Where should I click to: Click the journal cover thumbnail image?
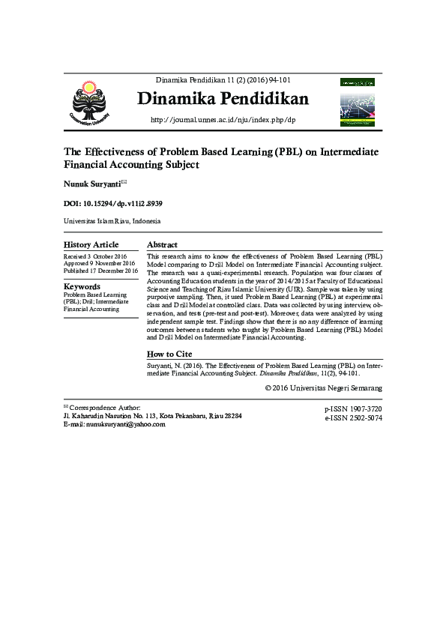[359, 100]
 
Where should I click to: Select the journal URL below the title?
[223, 120]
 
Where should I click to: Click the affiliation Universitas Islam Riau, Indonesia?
[112, 222]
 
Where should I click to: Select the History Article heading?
[91, 245]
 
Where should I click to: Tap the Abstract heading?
[162, 245]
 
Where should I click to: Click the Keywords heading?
[82, 286]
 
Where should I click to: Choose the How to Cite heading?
[169, 354]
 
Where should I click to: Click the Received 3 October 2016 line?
[95, 256]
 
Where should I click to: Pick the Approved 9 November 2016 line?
[99, 264]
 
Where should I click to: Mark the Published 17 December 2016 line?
[100, 271]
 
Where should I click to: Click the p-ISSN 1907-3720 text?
[353, 409]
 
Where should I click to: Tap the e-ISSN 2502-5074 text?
[353, 418]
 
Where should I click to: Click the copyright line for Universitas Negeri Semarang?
[324, 388]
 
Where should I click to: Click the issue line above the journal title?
[223, 79]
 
